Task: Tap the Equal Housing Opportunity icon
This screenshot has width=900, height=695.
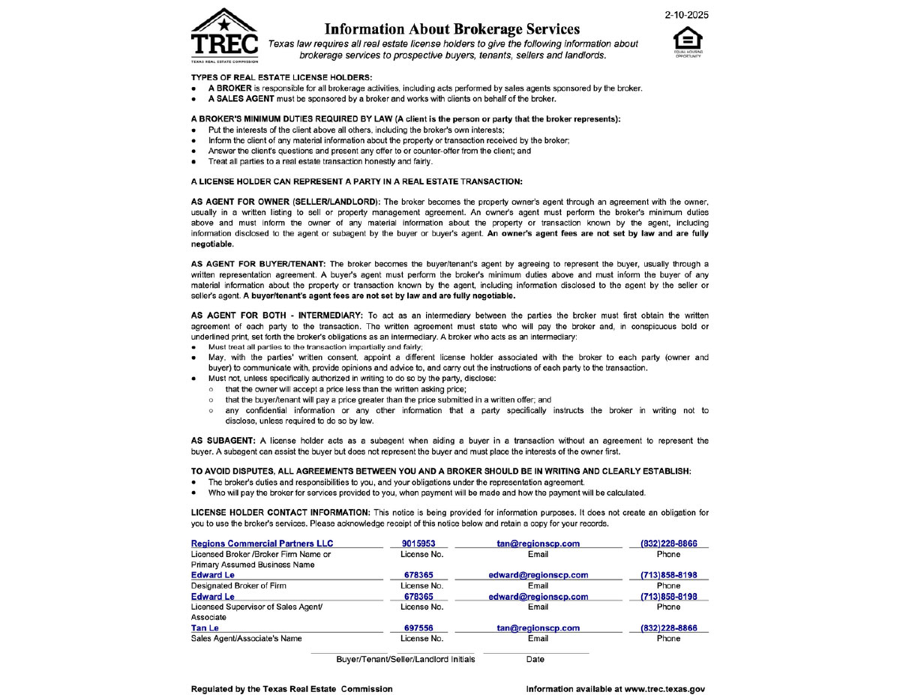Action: [x=688, y=42]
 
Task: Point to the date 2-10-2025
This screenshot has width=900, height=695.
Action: [x=687, y=15]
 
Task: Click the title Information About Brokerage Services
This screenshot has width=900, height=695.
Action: [x=452, y=29]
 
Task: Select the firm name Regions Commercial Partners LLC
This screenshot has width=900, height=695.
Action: [x=262, y=544]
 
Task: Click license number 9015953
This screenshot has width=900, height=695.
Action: [x=418, y=544]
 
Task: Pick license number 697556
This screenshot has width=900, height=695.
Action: [x=418, y=628]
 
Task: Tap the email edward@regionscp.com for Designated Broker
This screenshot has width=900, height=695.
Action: [x=538, y=575]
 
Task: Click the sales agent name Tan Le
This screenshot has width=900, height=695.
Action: [x=205, y=628]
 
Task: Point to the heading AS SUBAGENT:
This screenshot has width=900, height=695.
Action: [x=223, y=441]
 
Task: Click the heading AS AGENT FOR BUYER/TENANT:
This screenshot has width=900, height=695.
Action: [x=258, y=264]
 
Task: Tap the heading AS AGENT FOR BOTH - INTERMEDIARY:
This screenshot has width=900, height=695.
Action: [x=277, y=315]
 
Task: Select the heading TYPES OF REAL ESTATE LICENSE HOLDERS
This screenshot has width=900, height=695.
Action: [x=281, y=77]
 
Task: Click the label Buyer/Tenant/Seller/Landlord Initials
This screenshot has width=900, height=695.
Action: [x=405, y=660]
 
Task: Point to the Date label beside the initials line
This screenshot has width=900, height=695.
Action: [x=535, y=660]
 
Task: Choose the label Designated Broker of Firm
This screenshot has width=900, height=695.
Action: [x=238, y=586]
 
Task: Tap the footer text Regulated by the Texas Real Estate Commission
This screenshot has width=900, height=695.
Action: [x=292, y=689]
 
